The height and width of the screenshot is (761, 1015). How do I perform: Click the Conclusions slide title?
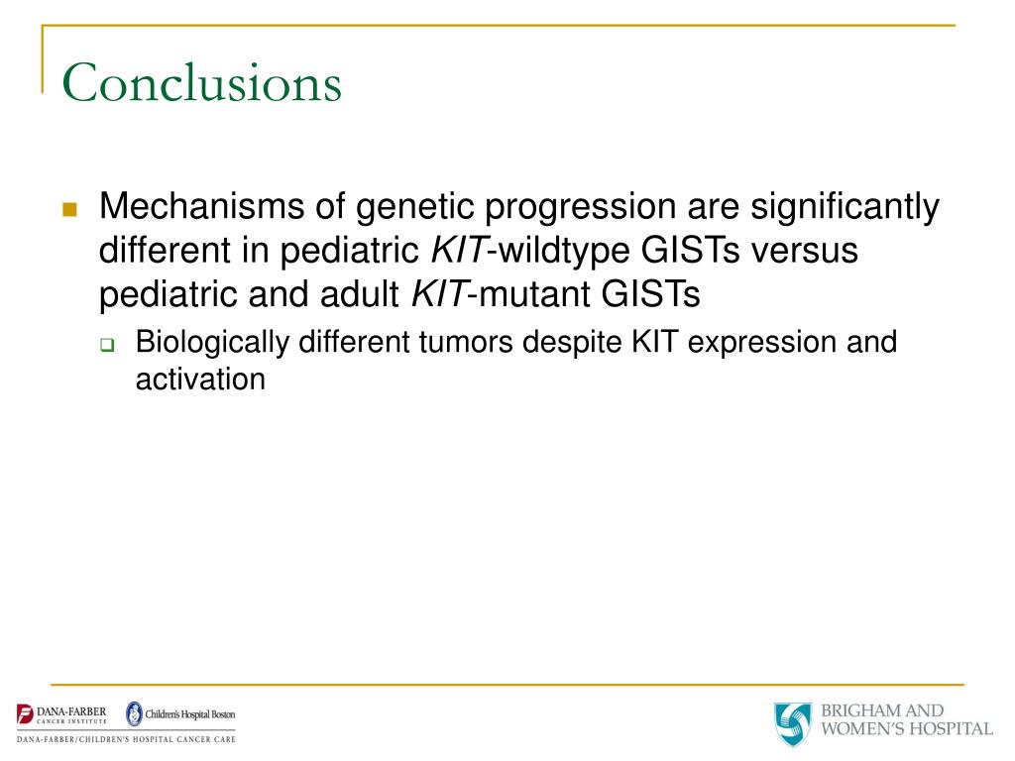[201, 82]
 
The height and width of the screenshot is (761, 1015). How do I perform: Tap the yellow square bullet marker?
[70, 209]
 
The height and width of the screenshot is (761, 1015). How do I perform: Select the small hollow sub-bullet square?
[107, 346]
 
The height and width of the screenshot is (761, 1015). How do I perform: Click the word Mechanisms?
[201, 206]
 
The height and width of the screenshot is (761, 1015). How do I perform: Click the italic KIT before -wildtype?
[458, 250]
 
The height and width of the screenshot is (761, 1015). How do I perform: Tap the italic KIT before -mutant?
[439, 293]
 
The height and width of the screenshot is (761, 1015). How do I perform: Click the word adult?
[359, 293]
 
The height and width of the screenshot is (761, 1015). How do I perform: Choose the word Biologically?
[212, 343]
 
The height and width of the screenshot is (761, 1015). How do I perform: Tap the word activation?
[200, 380]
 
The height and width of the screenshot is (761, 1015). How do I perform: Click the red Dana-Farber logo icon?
[25, 714]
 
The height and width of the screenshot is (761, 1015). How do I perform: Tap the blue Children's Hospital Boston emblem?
[134, 713]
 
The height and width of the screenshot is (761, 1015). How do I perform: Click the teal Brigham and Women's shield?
[793, 723]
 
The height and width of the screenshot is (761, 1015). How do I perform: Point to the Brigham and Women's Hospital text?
[907, 719]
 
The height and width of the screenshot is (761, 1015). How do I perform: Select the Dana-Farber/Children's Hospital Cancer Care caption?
[126, 739]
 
